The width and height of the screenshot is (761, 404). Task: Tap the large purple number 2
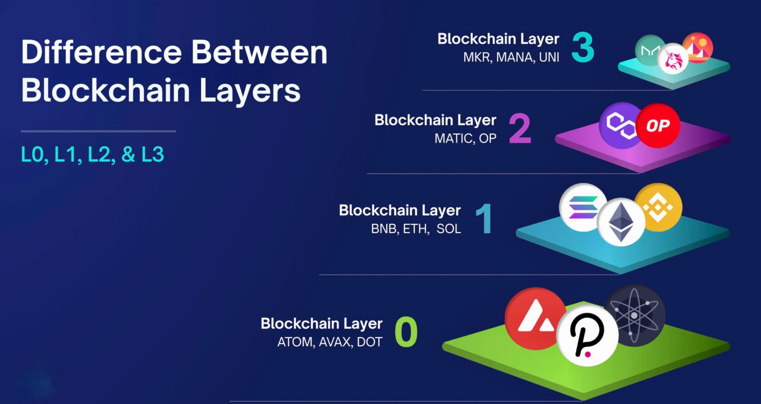click(520, 128)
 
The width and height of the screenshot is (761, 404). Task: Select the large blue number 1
click(484, 219)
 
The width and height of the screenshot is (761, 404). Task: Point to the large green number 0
click(406, 332)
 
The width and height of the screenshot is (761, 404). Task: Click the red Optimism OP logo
click(658, 126)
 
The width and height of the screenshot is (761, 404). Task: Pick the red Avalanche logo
click(534, 319)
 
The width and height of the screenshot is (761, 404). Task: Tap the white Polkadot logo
click(587, 335)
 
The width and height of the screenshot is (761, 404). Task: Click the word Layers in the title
click(250, 91)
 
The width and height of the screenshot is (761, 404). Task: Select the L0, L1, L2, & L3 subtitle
click(92, 155)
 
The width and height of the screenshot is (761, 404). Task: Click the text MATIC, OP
click(465, 139)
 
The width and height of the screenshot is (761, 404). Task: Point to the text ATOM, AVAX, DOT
click(330, 342)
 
